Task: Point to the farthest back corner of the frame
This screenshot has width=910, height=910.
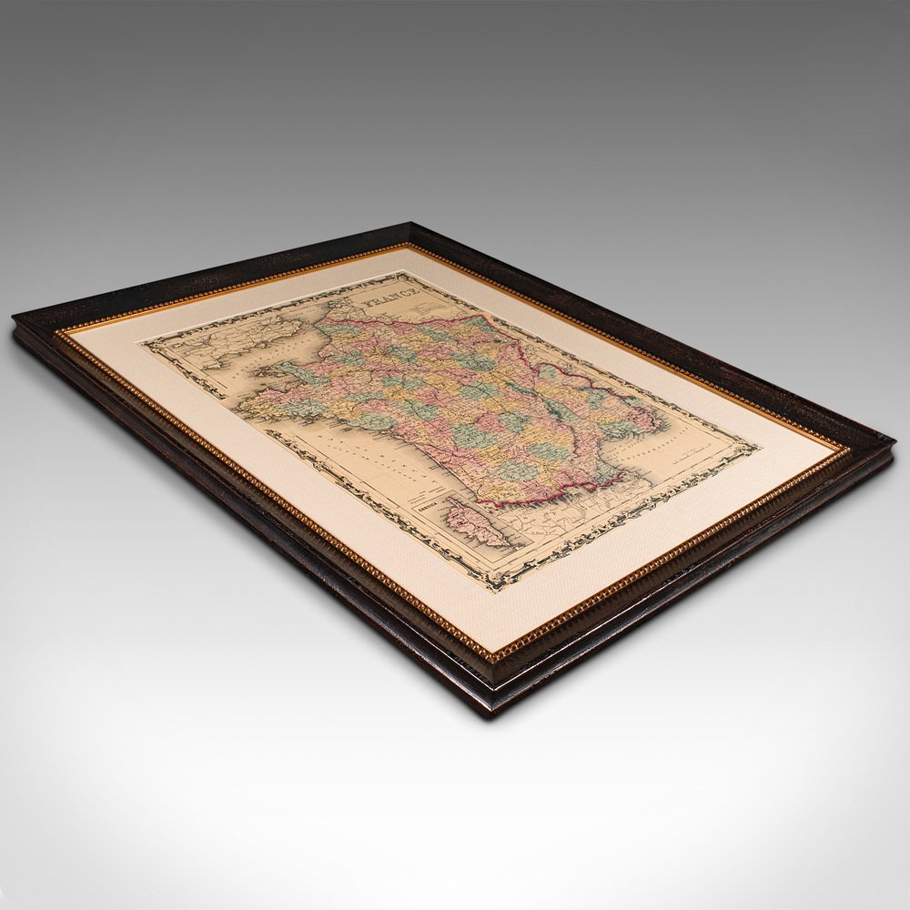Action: [x=409, y=224]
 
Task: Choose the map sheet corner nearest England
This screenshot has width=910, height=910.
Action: [x=141, y=342]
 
